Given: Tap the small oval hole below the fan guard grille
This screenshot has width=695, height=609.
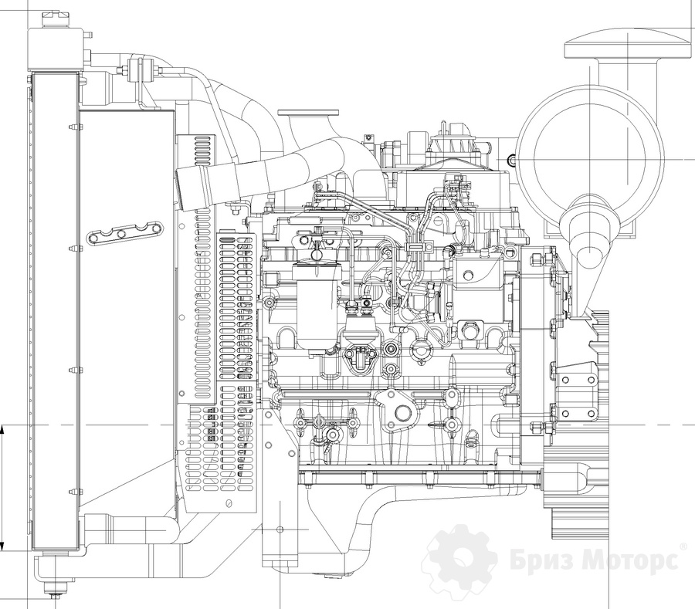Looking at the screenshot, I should coord(228,504).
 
